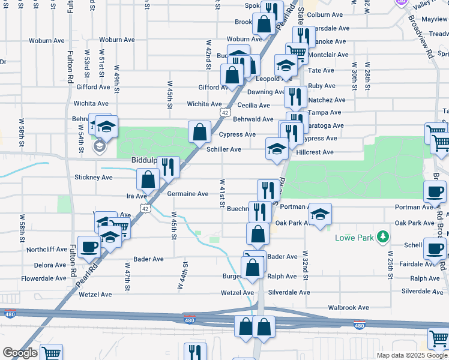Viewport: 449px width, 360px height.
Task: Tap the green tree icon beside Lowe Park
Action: tap(382, 238)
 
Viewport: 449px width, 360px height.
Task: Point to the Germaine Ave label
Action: tap(187, 194)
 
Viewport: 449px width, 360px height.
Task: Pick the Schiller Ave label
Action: tap(224, 149)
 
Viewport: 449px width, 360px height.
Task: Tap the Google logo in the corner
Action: tap(20, 353)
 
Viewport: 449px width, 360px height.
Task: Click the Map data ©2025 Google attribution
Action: tap(412, 355)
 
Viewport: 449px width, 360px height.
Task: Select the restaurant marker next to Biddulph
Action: tap(169, 167)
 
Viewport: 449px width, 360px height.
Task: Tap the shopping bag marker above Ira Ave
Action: tap(148, 179)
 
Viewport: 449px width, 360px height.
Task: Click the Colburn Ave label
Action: tap(324, 15)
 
